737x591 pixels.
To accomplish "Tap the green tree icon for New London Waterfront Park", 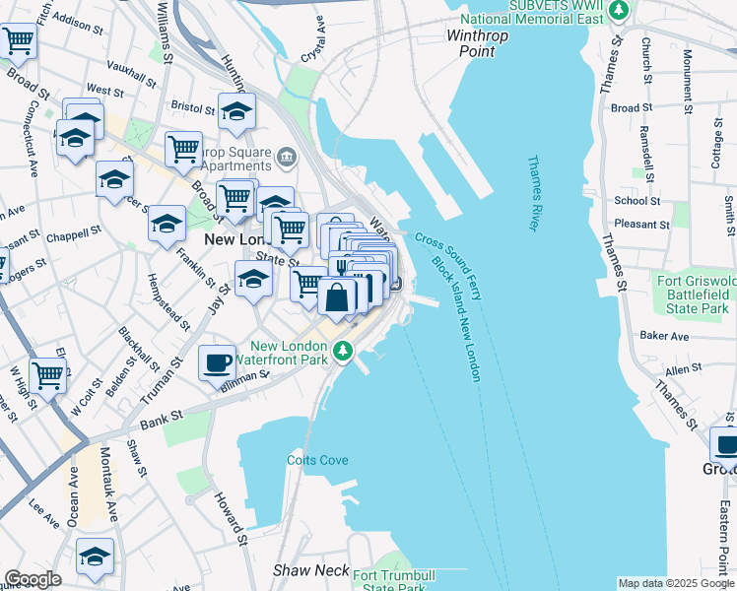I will (343, 351).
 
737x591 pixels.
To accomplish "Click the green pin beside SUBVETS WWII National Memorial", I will (619, 11).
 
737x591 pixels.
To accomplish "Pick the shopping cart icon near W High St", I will (47, 375).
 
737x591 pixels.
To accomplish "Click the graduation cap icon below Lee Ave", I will (95, 556).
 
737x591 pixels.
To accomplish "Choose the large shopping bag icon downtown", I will (337, 296).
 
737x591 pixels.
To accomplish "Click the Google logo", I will (33, 579).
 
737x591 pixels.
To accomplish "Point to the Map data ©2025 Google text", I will (676, 583).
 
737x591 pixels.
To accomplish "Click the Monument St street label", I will (688, 65).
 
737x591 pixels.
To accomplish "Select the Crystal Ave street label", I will (313, 33).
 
